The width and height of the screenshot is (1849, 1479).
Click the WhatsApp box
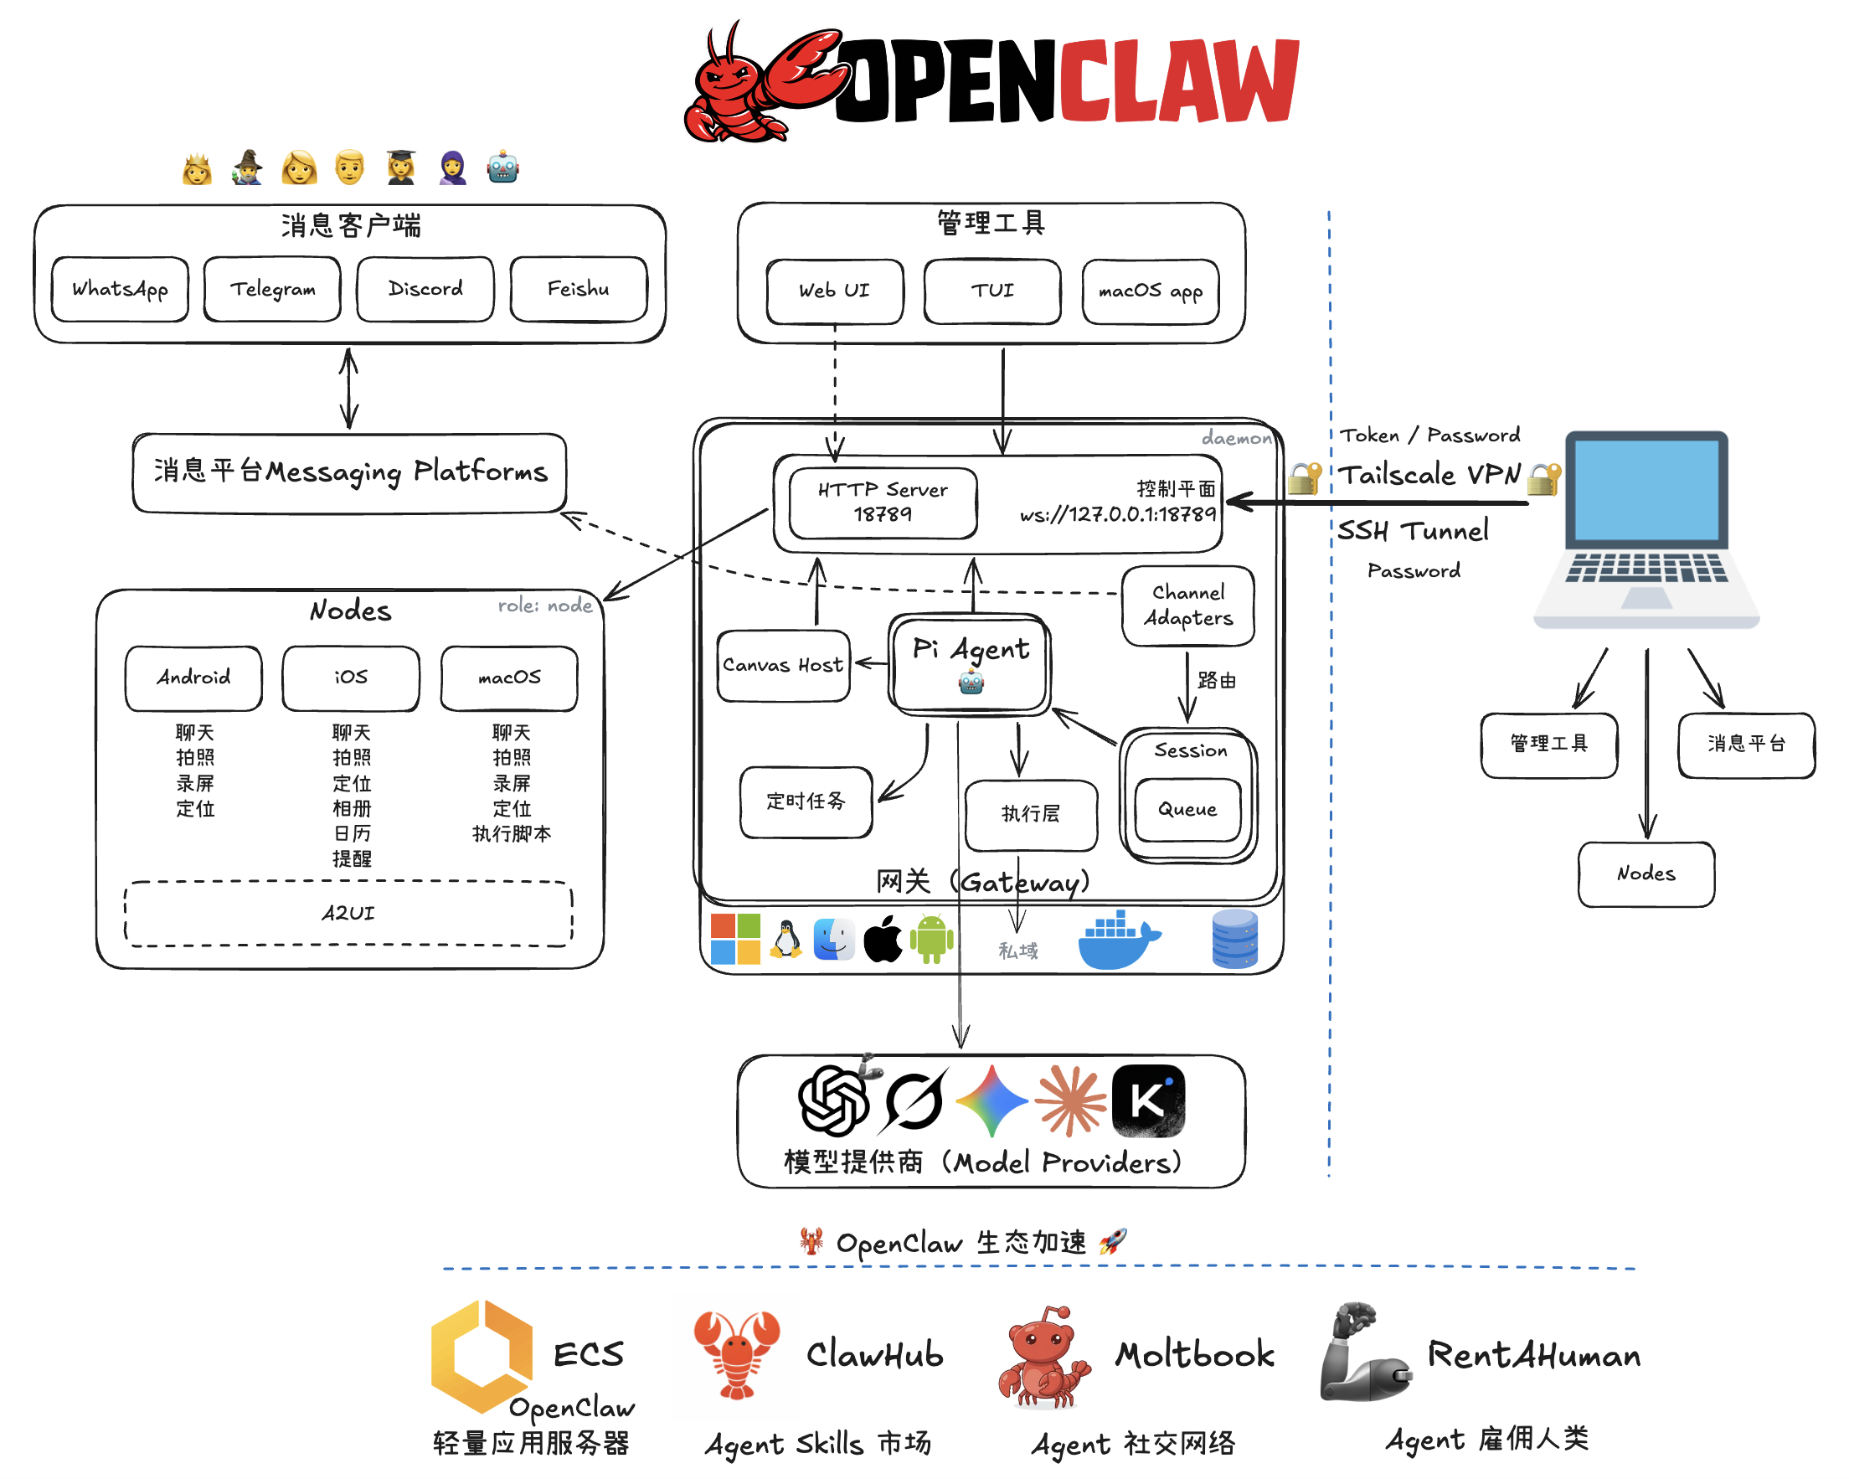coord(119,289)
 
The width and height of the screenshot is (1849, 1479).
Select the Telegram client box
coord(272,289)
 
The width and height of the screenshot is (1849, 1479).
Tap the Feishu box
coord(579,289)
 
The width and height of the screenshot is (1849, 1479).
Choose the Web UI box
coord(834,291)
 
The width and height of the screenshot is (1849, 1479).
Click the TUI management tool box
coord(992,291)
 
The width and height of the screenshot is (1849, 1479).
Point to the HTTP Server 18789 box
coord(883,502)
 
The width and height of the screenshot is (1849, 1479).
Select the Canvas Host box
coord(783,666)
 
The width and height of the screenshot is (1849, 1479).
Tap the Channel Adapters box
coord(1187,606)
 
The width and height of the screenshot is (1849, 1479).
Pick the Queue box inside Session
coord(1187,810)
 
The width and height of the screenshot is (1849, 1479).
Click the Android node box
coord(193,678)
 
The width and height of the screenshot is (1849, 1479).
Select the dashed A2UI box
coord(348,914)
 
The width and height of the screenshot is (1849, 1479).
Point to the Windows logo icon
coord(735,940)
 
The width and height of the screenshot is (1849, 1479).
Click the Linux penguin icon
coord(785,940)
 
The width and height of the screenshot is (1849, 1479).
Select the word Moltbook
coord(1194,1354)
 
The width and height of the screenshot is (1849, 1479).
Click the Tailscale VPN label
coord(1429,474)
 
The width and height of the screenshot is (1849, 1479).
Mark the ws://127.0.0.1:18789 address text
coord(1117,515)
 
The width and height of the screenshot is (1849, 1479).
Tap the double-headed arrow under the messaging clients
coord(348,388)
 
